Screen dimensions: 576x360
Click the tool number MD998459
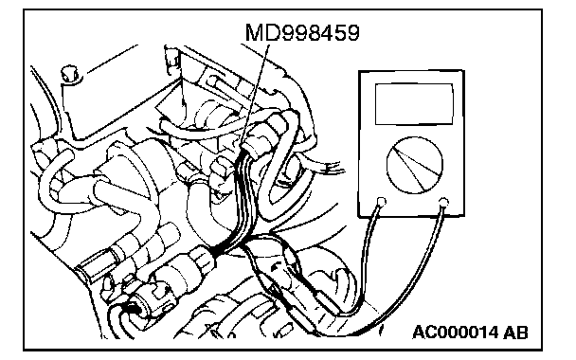pos(302,32)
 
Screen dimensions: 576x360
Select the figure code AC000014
pos(455,333)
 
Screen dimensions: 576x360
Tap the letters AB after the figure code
pos(515,333)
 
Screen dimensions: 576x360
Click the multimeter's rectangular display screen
pos(414,104)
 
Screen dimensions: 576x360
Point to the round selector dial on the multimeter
pos(415,165)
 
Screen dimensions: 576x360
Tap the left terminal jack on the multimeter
pos(382,201)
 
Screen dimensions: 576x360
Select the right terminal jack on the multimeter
pos(443,201)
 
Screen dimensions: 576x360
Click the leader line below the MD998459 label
pos(255,95)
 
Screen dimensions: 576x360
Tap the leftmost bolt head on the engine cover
pos(69,74)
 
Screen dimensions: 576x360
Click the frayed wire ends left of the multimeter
pos(334,170)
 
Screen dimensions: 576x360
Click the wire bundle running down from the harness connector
pos(239,198)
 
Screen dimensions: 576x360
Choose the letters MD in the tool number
pos(261,32)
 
